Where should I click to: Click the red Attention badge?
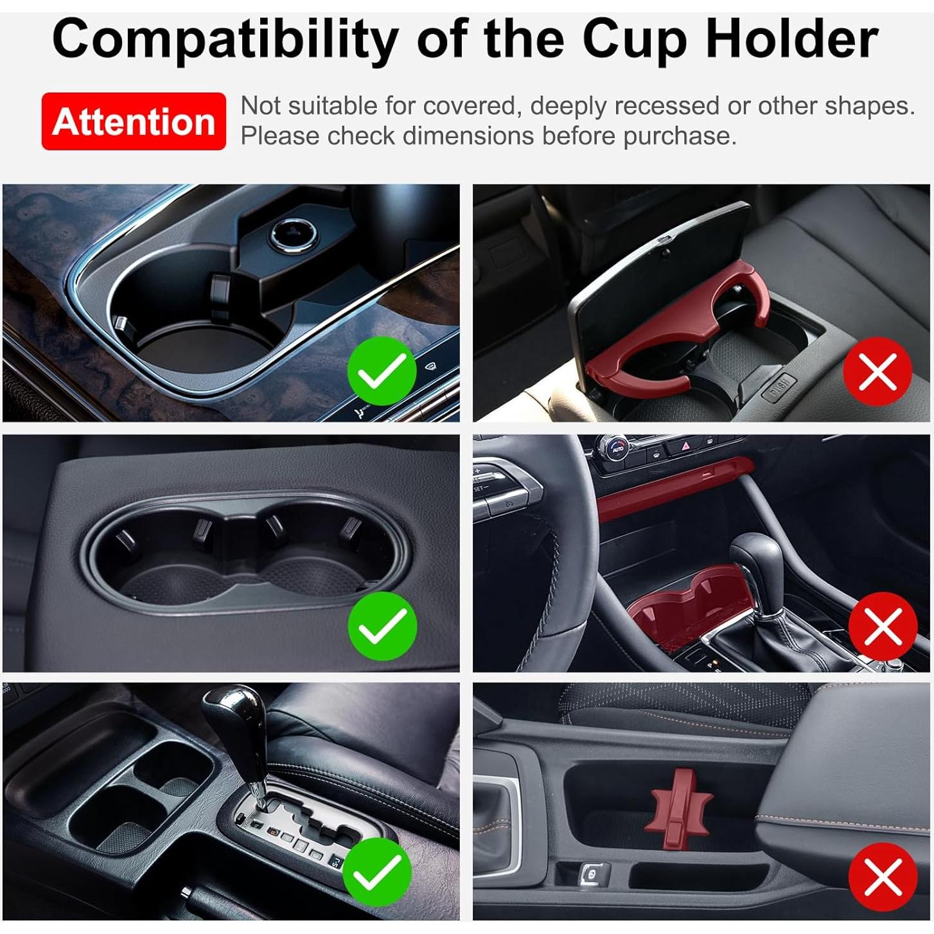pos(134,121)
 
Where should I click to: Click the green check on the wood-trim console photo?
pos(382,371)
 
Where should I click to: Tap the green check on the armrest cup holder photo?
pos(382,625)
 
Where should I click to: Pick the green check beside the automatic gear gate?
pos(377,872)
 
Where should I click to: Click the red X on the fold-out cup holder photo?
pos(877,371)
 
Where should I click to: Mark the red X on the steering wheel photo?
pos(883,626)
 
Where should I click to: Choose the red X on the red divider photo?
pos(883,876)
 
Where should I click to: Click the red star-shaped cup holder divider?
pos(682,806)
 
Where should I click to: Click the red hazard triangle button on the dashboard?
pos(685,445)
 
